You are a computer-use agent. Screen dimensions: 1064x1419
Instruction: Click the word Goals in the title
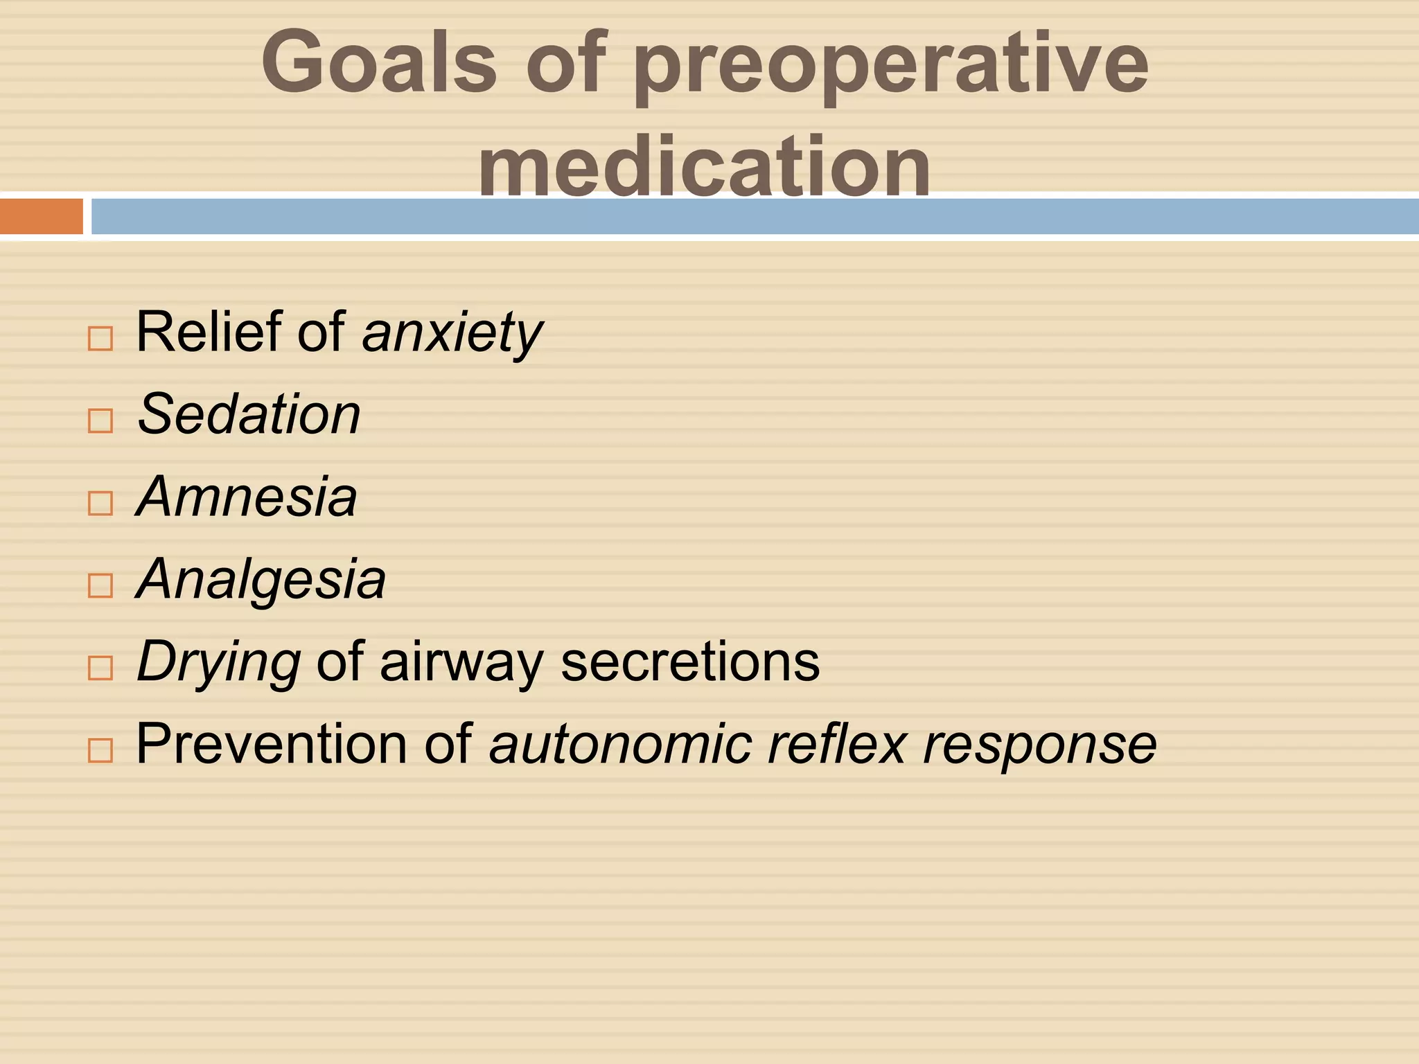pos(379,64)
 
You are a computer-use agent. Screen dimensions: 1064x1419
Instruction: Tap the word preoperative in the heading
pos(891,66)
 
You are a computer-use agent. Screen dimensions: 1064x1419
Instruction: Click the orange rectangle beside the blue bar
pos(42,216)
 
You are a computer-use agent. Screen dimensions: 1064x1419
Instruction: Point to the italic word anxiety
pos(452,333)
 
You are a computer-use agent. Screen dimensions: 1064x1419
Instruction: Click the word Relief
pos(208,331)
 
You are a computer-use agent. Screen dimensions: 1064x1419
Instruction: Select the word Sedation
pos(249,414)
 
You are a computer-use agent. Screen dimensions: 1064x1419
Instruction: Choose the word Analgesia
pos(261,580)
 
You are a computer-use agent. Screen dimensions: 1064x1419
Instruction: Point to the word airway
pos(461,663)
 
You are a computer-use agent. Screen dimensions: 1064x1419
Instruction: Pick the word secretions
pos(690,662)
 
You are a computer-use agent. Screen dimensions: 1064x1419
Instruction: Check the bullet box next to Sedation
pos(100,420)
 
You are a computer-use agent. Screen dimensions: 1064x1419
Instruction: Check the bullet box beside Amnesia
pos(100,503)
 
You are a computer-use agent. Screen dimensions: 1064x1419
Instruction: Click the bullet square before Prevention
pos(100,750)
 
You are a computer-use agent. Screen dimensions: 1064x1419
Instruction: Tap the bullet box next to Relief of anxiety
pos(100,338)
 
